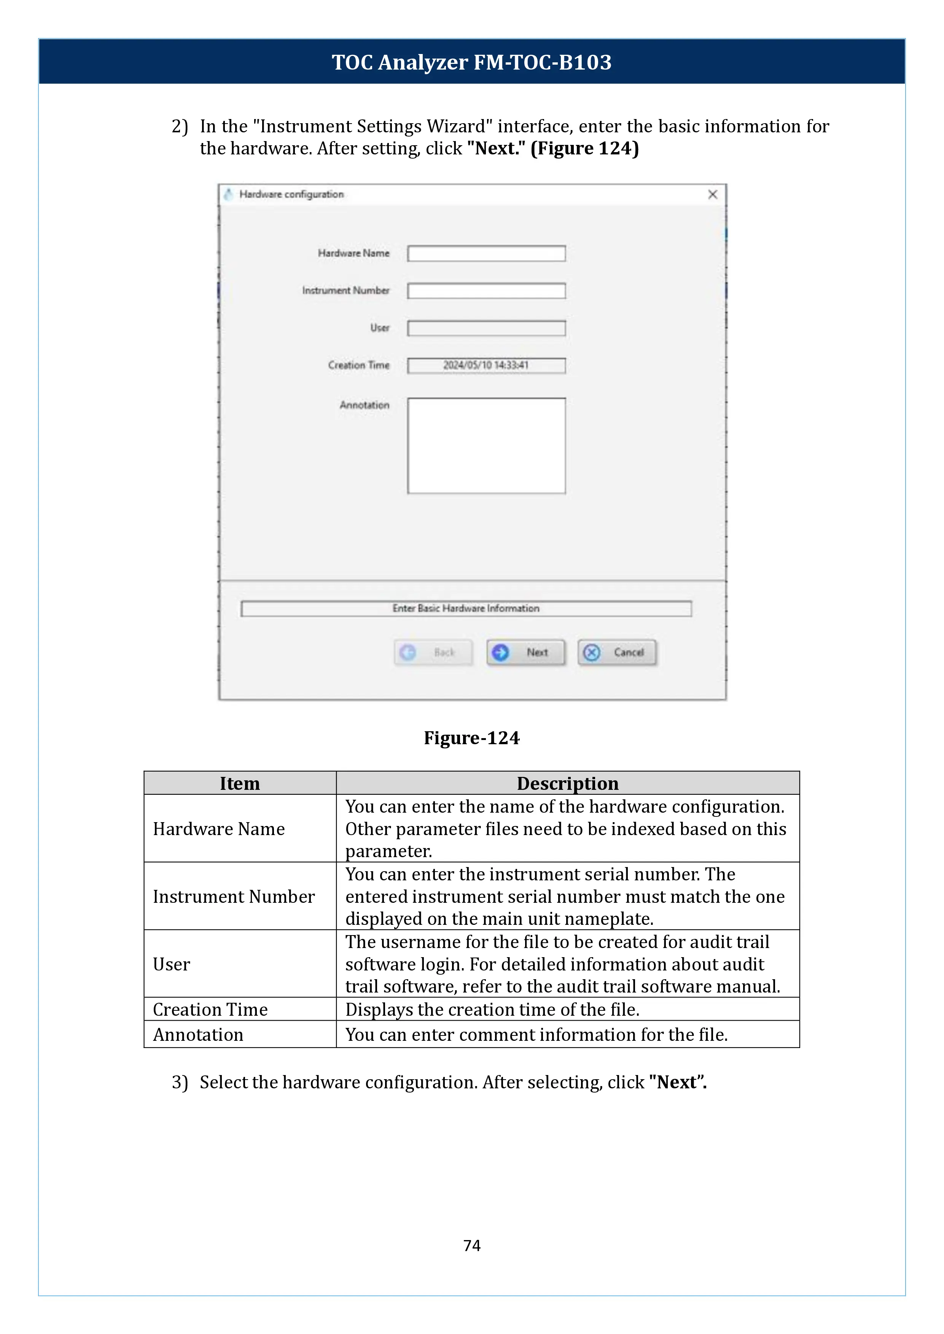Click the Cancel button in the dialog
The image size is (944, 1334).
click(617, 653)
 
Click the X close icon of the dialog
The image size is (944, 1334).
click(713, 195)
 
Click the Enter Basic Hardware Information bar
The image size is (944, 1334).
click(466, 608)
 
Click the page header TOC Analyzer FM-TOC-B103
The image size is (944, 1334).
click(471, 62)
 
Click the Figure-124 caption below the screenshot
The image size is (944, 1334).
click(471, 738)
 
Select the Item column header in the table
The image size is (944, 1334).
click(239, 783)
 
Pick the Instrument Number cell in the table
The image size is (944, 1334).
click(234, 897)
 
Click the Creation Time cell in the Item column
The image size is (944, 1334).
click(210, 1009)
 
